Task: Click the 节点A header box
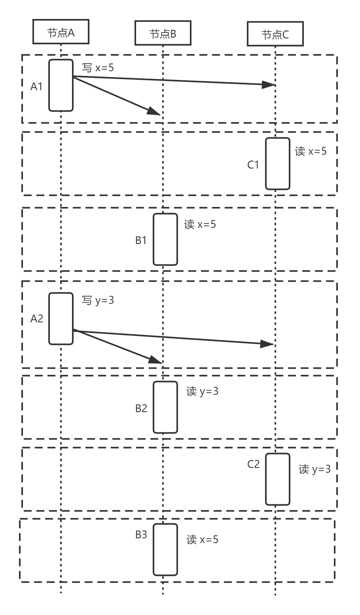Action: (x=61, y=33)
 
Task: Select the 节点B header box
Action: (x=163, y=34)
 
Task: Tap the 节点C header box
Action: (x=275, y=34)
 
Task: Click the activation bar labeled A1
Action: (x=61, y=85)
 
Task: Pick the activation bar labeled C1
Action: (x=277, y=163)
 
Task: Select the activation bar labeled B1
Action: (x=165, y=239)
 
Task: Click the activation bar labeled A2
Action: (x=61, y=318)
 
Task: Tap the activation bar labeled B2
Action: (x=165, y=407)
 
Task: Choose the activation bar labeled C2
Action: (x=277, y=479)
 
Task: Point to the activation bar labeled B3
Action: (x=165, y=549)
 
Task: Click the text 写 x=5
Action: (x=98, y=68)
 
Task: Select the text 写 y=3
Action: (x=98, y=301)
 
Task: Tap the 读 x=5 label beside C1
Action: (x=311, y=151)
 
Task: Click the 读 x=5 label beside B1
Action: (x=200, y=225)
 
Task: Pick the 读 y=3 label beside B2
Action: (x=202, y=392)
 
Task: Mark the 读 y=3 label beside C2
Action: (x=315, y=469)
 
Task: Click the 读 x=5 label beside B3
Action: (x=202, y=539)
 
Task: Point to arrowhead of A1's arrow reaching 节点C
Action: (x=269, y=84)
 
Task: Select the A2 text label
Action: (x=37, y=319)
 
